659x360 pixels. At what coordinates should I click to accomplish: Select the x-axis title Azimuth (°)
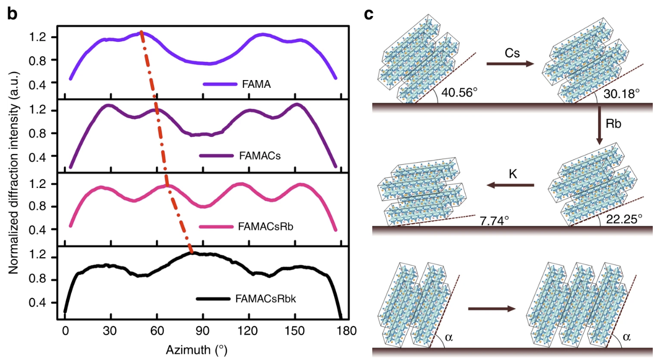pyautogui.click(x=197, y=349)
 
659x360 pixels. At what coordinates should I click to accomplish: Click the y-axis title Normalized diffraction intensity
pyautogui.click(x=14, y=180)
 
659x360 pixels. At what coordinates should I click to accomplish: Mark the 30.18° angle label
pyautogui.click(x=622, y=93)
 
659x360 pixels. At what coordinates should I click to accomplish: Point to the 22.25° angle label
pyautogui.click(x=624, y=218)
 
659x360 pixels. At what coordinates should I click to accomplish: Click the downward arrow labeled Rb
pyautogui.click(x=600, y=126)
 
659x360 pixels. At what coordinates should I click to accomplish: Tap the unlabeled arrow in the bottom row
pyautogui.click(x=491, y=308)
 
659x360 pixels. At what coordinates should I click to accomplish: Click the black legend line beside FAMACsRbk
pyautogui.click(x=213, y=299)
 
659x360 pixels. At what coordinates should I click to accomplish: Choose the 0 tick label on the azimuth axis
pyautogui.click(x=65, y=331)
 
